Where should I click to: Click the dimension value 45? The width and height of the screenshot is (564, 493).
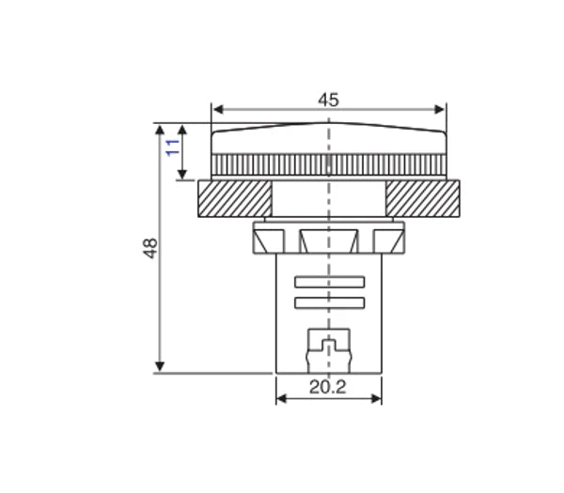(328, 100)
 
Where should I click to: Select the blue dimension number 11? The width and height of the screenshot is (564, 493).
(172, 146)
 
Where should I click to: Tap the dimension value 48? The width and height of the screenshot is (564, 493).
(150, 249)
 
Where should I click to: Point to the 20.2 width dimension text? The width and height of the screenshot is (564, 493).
(328, 387)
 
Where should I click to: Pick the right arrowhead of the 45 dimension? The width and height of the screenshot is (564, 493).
(442, 109)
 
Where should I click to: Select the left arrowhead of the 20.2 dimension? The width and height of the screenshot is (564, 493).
(280, 398)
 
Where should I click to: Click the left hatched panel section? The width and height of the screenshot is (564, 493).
(234, 198)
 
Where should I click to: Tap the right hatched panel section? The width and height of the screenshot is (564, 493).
(422, 198)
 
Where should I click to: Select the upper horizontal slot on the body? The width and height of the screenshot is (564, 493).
(329, 283)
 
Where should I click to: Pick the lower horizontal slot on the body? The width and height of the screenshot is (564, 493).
(329, 301)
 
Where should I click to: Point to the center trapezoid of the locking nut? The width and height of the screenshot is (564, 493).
(328, 240)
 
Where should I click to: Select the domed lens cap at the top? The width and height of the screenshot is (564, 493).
(328, 139)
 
